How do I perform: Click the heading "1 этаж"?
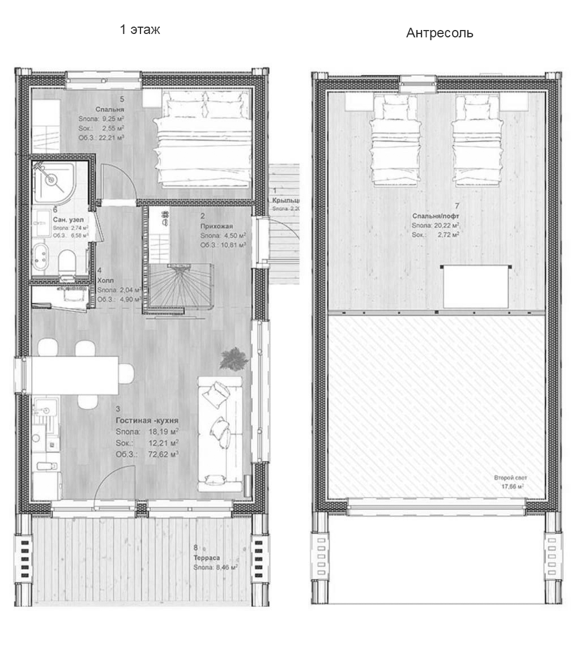click(140, 30)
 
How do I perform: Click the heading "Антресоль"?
click(440, 33)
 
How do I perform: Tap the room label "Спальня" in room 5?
click(106, 109)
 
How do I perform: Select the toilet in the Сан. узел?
click(67, 264)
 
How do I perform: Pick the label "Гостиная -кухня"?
click(147, 421)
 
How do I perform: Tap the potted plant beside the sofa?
click(233, 359)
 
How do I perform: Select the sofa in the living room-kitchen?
click(220, 433)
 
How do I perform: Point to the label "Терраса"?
click(206, 558)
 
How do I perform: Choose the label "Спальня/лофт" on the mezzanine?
click(436, 216)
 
